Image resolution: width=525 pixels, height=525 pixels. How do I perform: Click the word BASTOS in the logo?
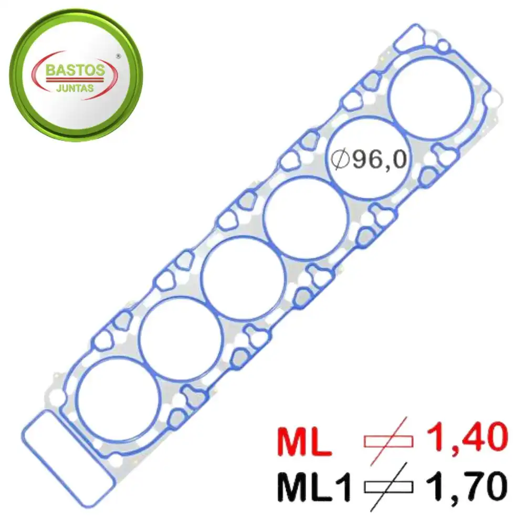coord(75,70)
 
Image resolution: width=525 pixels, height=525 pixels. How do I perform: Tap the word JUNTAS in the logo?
coord(75,88)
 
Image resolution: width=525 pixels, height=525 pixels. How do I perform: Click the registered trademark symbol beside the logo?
coord(118,57)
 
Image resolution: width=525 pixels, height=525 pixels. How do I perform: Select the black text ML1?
coord(313,487)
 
